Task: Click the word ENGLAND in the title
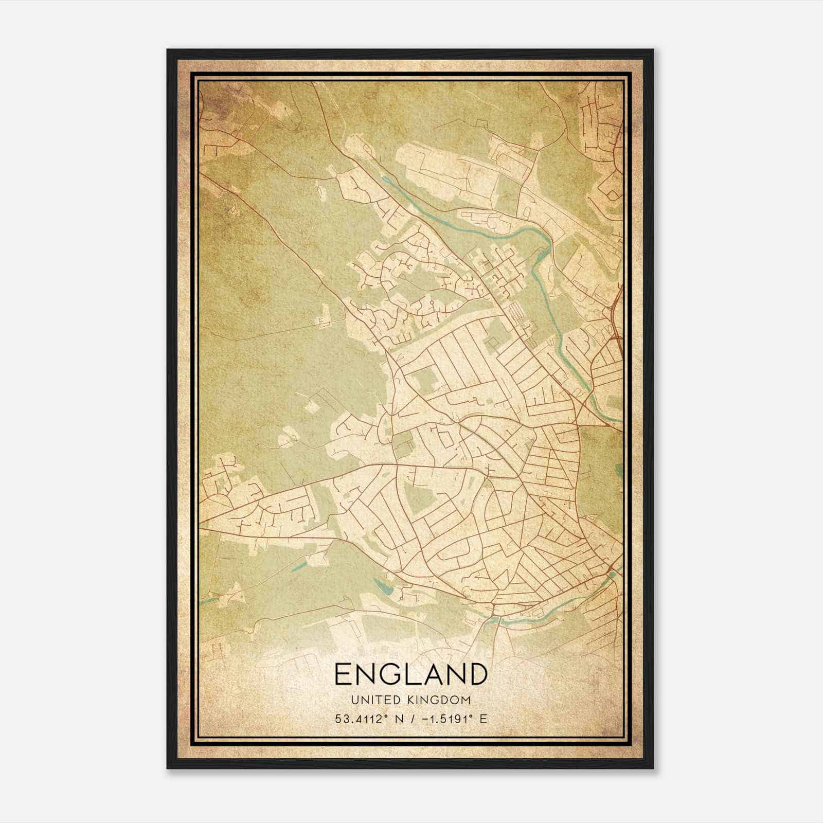410,674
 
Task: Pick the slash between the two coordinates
411,719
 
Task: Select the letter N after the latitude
397,719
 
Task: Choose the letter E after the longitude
483,719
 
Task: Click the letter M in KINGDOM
466,700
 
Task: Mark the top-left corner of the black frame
168,50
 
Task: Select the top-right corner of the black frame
653,50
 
